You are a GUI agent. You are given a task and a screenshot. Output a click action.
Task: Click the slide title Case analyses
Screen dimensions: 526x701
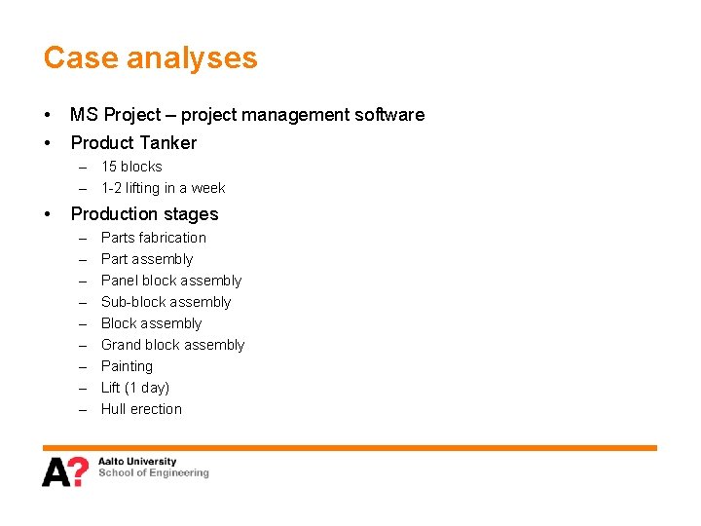coord(150,58)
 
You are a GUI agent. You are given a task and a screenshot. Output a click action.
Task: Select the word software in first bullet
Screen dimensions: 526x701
coord(388,115)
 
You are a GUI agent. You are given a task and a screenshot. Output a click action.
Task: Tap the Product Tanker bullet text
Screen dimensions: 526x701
coord(133,143)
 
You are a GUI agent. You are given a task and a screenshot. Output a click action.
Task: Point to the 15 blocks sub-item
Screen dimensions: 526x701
coord(131,167)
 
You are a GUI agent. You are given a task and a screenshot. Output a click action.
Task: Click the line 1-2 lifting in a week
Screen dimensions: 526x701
coord(163,188)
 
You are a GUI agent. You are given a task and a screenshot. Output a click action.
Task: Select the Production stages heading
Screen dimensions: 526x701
coord(144,214)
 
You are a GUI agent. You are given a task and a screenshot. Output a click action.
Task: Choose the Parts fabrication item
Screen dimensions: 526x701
coord(153,238)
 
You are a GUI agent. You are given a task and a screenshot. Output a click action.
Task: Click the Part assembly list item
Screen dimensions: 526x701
coord(147,259)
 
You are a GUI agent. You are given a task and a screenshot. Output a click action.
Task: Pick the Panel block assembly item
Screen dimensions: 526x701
coord(170,281)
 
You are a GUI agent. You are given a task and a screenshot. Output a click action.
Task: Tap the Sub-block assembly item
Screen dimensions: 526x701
coord(166,302)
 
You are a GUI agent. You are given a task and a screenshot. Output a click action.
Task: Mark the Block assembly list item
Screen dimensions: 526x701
coord(151,323)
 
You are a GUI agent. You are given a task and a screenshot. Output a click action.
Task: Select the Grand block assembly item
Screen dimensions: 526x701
coord(172,345)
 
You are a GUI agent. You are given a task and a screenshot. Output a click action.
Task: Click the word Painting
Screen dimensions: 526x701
coord(127,366)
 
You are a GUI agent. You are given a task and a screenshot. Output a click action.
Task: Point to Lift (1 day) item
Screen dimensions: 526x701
coord(135,388)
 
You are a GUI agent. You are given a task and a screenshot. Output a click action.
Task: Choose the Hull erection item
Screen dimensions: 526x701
coord(141,409)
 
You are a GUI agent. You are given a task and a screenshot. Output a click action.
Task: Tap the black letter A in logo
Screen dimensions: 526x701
coord(55,472)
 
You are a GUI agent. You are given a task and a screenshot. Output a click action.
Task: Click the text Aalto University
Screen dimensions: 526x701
coord(137,462)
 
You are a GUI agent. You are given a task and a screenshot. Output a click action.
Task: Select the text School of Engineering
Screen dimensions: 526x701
coord(153,473)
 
